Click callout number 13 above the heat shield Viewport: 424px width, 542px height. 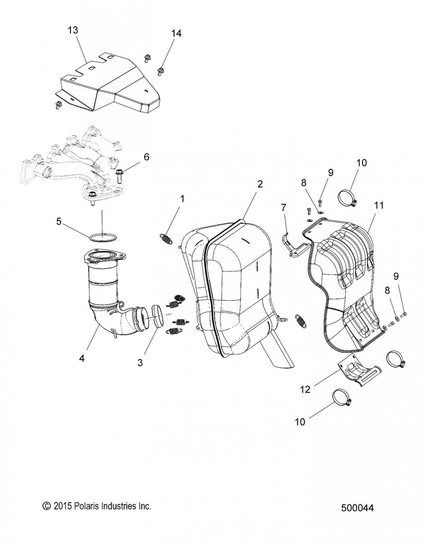[x=73, y=30]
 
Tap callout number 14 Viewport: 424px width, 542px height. [x=176, y=33]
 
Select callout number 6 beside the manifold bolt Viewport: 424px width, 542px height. [x=146, y=157]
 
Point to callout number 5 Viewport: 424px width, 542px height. [x=59, y=221]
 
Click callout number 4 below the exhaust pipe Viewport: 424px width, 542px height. [x=82, y=359]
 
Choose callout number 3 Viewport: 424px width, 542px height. [x=140, y=362]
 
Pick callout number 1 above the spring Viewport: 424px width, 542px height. [x=183, y=199]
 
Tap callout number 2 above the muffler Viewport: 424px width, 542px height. [x=260, y=184]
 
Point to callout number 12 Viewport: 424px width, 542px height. [x=305, y=389]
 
